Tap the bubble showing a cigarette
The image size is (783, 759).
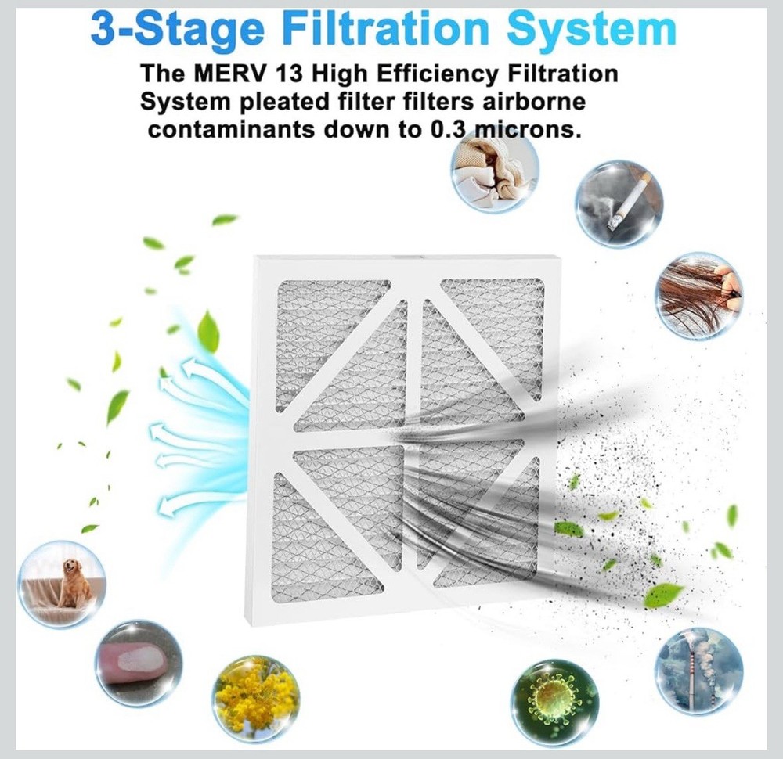619,204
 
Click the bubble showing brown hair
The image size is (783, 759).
698,296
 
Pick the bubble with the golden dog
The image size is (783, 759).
61,584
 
